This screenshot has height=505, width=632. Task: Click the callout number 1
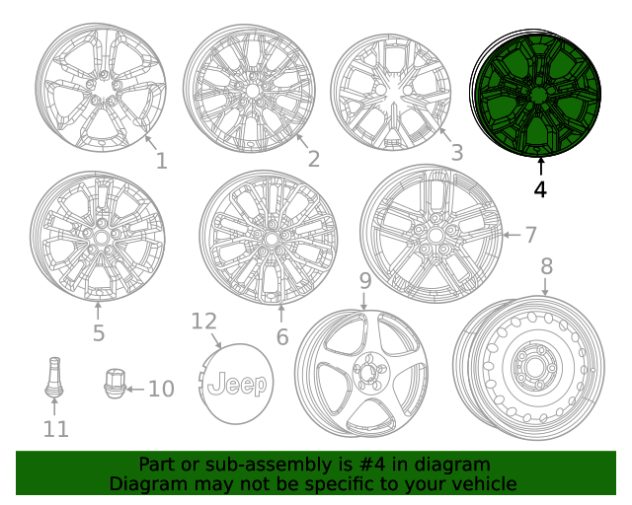click(161, 161)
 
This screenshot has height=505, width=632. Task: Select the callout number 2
click(313, 159)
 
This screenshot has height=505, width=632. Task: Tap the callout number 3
click(456, 153)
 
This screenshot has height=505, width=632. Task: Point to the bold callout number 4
click(540, 188)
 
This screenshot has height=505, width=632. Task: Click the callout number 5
click(99, 332)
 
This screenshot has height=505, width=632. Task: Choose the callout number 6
click(281, 336)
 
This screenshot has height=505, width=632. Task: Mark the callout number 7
click(530, 235)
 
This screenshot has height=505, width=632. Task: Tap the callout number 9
click(364, 281)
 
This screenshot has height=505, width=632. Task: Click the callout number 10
click(160, 389)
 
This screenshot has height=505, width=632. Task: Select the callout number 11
click(56, 429)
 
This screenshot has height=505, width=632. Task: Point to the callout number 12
click(203, 322)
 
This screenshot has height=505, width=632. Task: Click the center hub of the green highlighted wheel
click(538, 96)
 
